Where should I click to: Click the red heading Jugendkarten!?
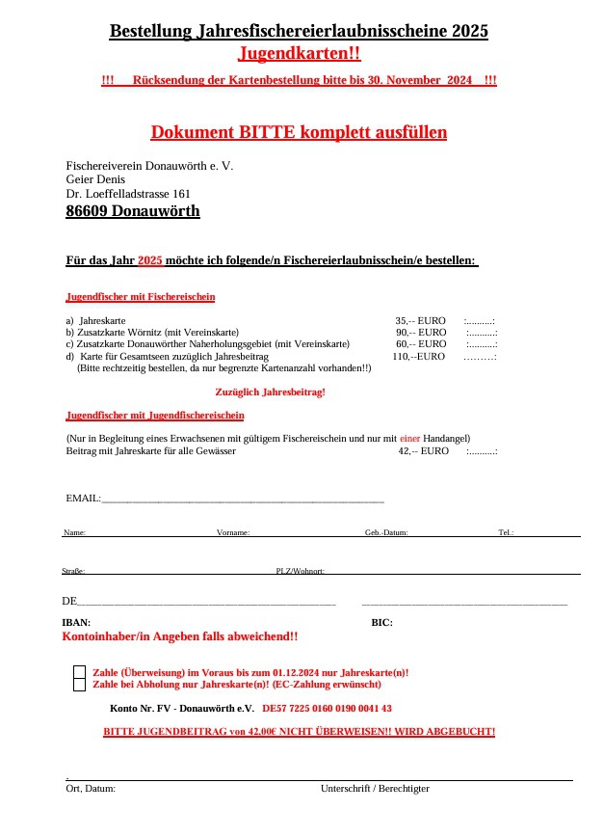pyautogui.click(x=299, y=53)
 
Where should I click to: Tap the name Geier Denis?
pyautogui.click(x=95, y=179)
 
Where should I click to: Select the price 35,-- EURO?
pyautogui.click(x=420, y=320)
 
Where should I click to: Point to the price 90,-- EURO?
pyautogui.click(x=421, y=332)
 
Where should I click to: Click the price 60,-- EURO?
pyautogui.click(x=421, y=343)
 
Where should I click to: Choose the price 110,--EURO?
pyautogui.click(x=418, y=356)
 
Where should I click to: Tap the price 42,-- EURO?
pyautogui.click(x=423, y=450)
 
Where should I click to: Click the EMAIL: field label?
pyautogui.click(x=83, y=498)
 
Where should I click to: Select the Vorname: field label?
pyautogui.click(x=233, y=532)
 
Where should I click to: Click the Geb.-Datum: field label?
pyautogui.click(x=386, y=532)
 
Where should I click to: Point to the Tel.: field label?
pyautogui.click(x=506, y=532)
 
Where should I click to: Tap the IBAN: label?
pyautogui.click(x=76, y=622)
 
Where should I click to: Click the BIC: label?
pyautogui.click(x=381, y=622)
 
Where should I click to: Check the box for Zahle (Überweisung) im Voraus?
pyautogui.click(x=79, y=672)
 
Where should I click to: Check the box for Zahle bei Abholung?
pyautogui.click(x=79, y=685)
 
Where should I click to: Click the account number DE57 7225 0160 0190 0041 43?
pyautogui.click(x=327, y=708)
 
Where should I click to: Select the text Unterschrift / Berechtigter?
pyautogui.click(x=375, y=788)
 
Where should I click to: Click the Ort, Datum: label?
pyautogui.click(x=91, y=788)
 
